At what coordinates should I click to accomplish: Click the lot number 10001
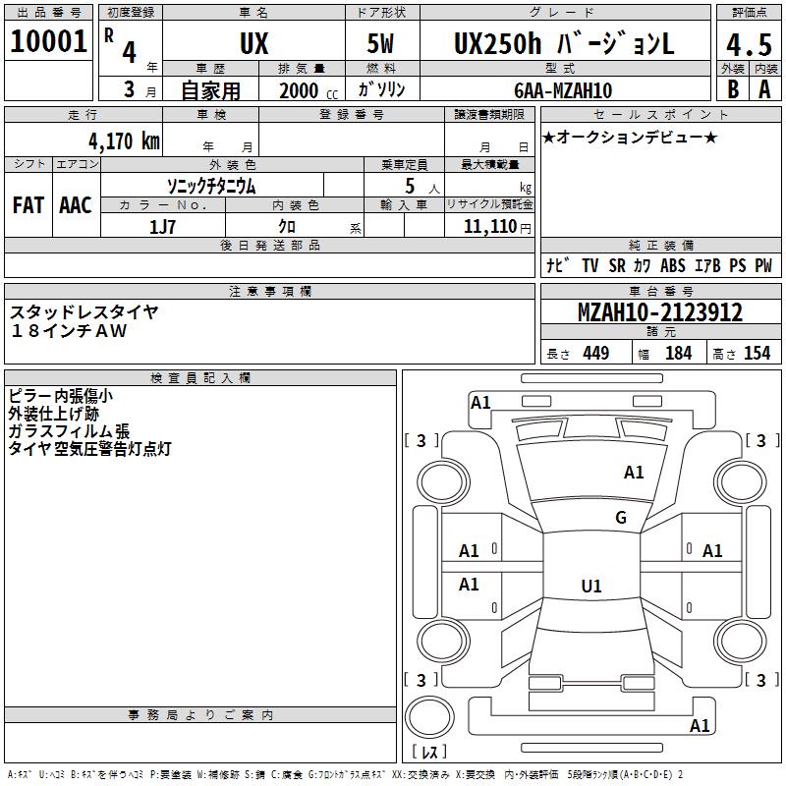coord(47,41)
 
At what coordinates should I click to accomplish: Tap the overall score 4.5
coord(748,45)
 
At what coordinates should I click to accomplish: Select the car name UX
coord(253,44)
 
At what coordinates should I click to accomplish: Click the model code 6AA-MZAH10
coord(563,90)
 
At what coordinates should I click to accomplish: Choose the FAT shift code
coord(28,205)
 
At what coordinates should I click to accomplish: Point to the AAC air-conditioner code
coord(76,205)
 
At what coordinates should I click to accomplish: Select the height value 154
coord(757,353)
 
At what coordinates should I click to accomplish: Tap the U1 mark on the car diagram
coord(590,586)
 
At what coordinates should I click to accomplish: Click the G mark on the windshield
coord(620,518)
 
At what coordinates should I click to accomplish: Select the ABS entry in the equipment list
coord(673,265)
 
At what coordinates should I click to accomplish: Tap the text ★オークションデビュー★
coord(630,137)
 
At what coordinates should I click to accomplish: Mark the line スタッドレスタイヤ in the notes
coord(84,311)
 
